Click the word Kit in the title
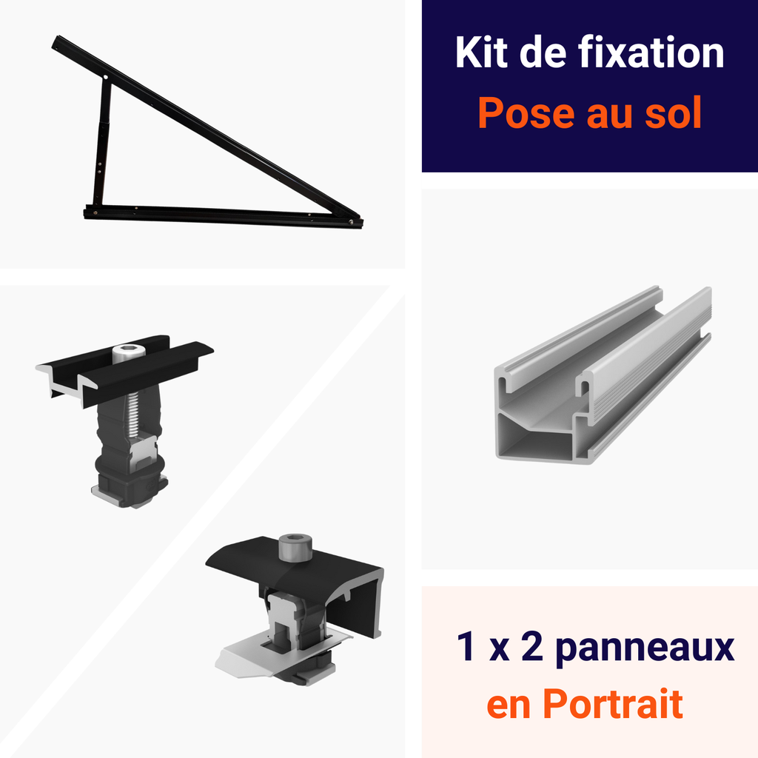481,53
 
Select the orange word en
509,705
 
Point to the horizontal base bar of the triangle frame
222,215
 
